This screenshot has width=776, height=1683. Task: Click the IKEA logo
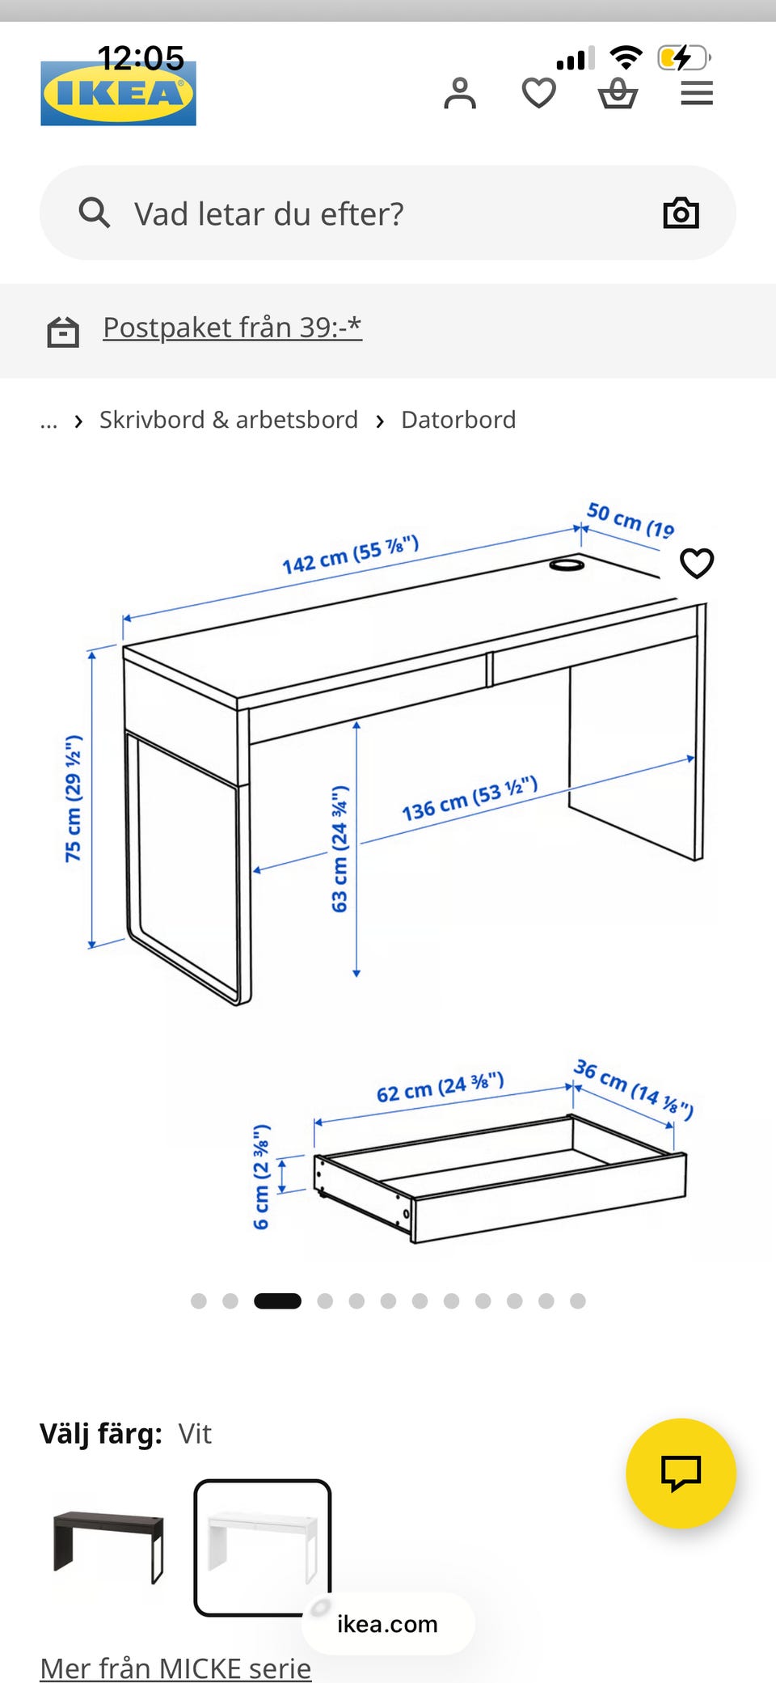point(118,93)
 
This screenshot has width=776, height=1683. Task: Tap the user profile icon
point(460,93)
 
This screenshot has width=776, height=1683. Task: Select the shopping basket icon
point(618,93)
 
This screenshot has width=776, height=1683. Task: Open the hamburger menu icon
point(697,93)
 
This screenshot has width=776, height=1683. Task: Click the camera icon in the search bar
point(681,213)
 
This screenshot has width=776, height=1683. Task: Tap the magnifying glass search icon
point(94,213)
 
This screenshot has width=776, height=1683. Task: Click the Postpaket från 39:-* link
point(232,328)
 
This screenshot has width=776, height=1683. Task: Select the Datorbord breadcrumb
point(458,420)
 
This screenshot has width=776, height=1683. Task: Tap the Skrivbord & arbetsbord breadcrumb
point(229,420)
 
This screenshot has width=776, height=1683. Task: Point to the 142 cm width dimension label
point(350,554)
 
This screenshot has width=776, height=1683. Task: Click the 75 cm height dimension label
point(74,798)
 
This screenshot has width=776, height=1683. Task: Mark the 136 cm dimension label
point(470,798)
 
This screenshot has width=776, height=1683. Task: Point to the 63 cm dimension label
point(339,848)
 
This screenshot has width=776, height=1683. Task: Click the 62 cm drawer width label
point(441,1088)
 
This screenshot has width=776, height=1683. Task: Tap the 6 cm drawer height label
point(261,1177)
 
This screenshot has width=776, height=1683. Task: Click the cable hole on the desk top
point(567,564)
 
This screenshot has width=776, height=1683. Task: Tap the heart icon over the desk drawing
point(697,563)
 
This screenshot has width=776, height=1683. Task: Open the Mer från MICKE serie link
point(175,1668)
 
